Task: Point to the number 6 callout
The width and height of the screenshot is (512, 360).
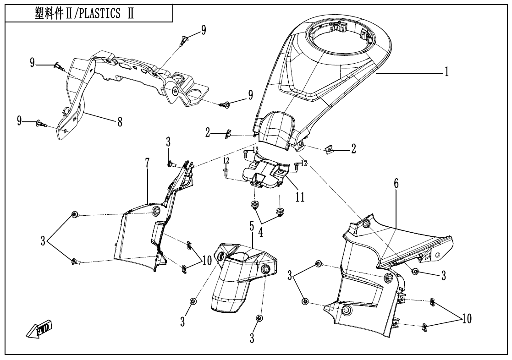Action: point(396,184)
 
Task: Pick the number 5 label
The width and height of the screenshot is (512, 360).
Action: point(252,225)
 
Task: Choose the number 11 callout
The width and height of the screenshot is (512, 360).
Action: point(300,196)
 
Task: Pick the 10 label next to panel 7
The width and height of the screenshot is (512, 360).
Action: point(206,261)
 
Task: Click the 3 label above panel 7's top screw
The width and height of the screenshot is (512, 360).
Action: point(168,142)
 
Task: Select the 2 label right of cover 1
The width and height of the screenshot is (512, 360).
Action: point(353,150)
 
